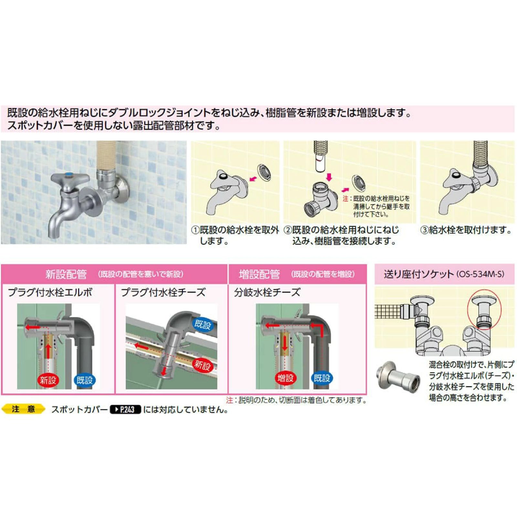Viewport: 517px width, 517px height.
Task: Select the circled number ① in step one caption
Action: [x=195, y=230]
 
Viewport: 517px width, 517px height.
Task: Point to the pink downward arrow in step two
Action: [x=329, y=177]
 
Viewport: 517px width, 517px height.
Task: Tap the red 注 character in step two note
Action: [x=345, y=198]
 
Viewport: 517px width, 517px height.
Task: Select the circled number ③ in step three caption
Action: [x=424, y=230]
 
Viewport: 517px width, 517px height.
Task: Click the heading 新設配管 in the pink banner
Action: [x=66, y=274]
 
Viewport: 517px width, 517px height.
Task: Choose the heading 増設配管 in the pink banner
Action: [x=259, y=274]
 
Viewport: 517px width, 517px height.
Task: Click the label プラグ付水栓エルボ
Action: [x=50, y=292]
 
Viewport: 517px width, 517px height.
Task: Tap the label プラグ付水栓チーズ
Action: [x=163, y=292]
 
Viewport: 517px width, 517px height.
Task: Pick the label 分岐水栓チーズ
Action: [x=267, y=292]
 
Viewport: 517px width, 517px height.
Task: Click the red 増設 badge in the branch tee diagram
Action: [x=285, y=378]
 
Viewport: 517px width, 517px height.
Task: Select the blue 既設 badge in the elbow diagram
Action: [x=85, y=380]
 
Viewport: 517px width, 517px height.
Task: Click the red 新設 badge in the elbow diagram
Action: [x=48, y=380]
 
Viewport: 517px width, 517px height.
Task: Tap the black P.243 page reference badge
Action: [x=125, y=410]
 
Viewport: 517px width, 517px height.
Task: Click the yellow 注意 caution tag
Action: [x=23, y=409]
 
